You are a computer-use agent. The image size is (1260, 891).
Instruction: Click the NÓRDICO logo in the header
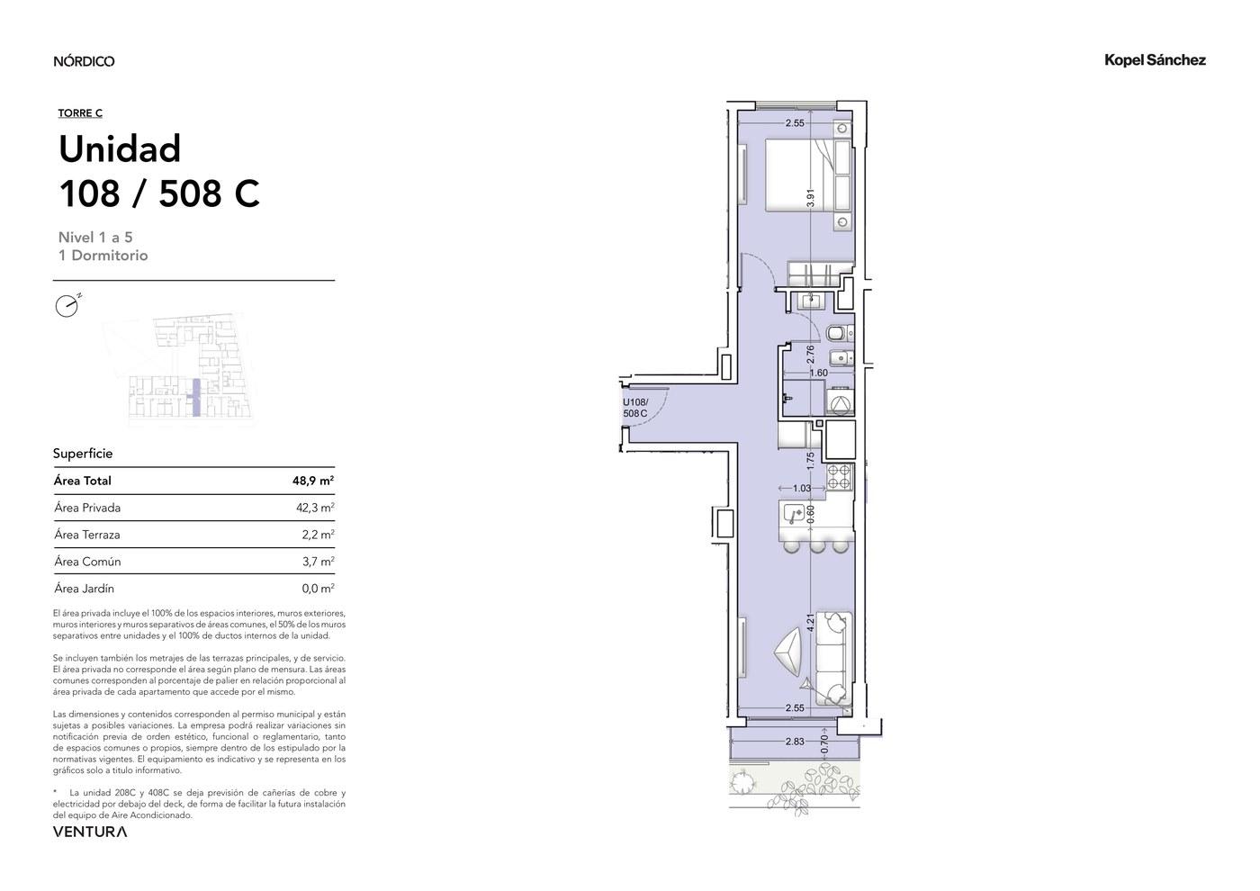click(84, 61)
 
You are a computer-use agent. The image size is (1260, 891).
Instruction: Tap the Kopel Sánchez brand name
click(1155, 59)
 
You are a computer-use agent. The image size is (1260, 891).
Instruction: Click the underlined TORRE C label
click(80, 113)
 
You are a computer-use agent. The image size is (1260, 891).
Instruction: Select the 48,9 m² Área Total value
click(313, 481)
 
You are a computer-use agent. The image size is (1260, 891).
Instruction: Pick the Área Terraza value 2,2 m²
click(318, 535)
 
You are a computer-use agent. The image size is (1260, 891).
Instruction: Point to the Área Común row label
click(88, 562)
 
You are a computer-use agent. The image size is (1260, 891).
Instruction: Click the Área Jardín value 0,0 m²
click(318, 589)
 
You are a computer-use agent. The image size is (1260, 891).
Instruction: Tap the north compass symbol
click(67, 305)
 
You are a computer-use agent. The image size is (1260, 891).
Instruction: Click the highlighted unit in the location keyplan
click(196, 398)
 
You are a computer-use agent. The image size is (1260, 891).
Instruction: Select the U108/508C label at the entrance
click(635, 408)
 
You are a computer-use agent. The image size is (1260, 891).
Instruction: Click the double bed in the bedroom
click(799, 175)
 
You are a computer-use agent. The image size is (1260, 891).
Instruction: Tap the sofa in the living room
click(834, 658)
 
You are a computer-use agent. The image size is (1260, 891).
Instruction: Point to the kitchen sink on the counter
click(793, 515)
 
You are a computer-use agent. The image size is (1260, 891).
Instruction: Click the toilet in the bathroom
click(841, 334)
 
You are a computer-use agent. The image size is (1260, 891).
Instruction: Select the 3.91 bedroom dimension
click(811, 198)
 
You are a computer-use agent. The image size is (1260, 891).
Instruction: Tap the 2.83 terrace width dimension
click(795, 742)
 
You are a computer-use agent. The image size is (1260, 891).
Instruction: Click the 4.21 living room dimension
click(811, 622)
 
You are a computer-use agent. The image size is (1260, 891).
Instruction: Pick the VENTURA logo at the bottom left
click(90, 832)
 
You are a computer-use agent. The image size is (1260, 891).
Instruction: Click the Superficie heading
click(83, 454)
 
